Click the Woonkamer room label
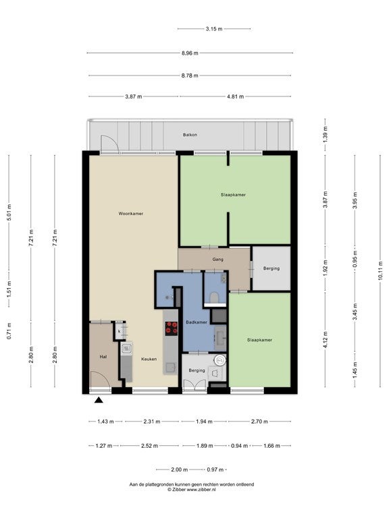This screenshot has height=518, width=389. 131,214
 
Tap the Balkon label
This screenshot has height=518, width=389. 190,135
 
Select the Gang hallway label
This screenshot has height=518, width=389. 217,260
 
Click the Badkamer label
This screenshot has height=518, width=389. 197,322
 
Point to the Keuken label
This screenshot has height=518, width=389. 149,359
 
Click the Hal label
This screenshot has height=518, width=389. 103,357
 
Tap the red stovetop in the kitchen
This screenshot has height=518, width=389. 172,328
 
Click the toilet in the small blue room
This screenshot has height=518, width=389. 214,297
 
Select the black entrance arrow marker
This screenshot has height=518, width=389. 99,401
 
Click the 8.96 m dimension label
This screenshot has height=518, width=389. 190,53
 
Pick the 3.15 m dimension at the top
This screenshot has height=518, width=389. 214,29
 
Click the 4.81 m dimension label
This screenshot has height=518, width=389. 236,97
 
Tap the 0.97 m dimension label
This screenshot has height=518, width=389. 215,469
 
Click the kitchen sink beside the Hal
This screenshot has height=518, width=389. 126,349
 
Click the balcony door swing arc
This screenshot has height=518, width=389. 111,140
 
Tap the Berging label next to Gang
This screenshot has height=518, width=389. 271,268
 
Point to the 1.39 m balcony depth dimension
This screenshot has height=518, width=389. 326,133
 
